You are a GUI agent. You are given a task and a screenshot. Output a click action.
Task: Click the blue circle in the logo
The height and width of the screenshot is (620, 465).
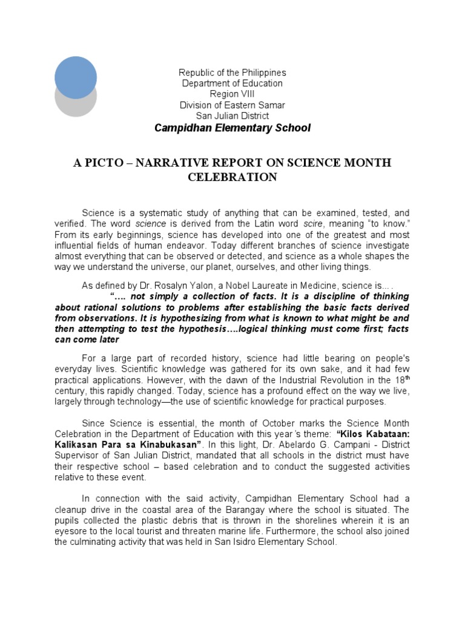click(76, 77)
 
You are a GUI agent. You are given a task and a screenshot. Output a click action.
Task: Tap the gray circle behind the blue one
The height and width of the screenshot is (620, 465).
click(76, 107)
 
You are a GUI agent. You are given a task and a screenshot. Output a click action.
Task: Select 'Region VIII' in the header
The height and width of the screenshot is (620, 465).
click(232, 94)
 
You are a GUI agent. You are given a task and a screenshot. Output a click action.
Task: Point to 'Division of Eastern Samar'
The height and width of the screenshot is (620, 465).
click(232, 105)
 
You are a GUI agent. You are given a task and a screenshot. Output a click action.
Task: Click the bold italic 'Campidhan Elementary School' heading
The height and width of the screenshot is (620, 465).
click(232, 128)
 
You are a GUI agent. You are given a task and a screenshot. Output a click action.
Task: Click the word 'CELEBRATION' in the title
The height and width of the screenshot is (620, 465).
click(232, 177)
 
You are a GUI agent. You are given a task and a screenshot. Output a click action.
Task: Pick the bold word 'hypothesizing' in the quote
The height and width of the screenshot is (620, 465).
click(183, 318)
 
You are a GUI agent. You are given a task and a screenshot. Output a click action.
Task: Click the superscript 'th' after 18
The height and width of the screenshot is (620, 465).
click(407, 377)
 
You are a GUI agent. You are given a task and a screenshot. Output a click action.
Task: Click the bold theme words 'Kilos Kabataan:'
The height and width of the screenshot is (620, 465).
click(375, 434)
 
